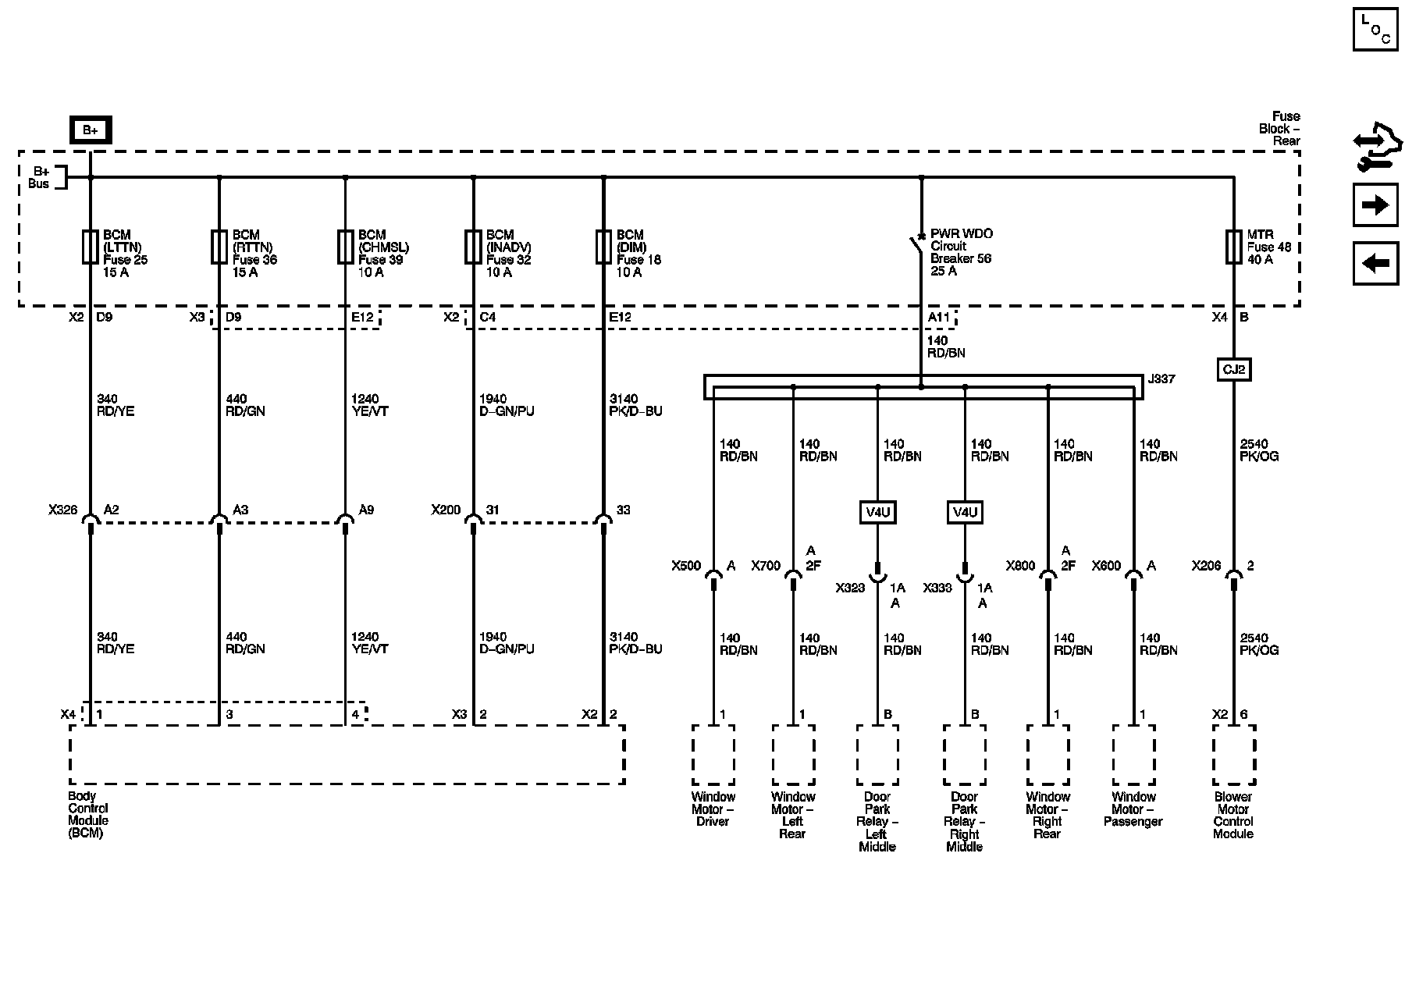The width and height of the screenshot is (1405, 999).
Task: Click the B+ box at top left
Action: coord(91,130)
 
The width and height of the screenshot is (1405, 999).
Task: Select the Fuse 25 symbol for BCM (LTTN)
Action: coord(91,247)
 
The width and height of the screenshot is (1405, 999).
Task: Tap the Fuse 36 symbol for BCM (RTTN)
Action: coord(219,247)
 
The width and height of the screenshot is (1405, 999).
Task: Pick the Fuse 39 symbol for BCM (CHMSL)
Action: coord(345,247)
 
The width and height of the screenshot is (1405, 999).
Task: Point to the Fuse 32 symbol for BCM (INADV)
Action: coord(473,247)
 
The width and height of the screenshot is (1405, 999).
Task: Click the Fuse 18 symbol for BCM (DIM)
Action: coord(603,247)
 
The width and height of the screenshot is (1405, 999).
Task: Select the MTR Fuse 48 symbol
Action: coord(1233,247)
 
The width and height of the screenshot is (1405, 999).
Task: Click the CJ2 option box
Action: coord(1233,369)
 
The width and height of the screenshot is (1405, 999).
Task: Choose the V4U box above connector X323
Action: coord(877,512)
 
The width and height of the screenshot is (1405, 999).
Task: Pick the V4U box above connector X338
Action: coord(965,512)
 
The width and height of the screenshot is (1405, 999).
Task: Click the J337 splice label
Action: coord(1161,379)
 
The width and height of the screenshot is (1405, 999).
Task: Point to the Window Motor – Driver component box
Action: coord(713,754)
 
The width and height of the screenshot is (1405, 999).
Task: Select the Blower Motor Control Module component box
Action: coord(1234,754)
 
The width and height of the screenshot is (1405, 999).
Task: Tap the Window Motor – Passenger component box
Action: coord(1133,754)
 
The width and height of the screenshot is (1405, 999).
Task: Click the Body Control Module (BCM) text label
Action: coord(87,815)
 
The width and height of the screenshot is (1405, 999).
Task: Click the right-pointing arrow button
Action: coord(1375,205)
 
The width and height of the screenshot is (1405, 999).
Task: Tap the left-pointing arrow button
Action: coord(1375,264)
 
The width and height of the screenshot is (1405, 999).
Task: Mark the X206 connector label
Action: coord(1206,566)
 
